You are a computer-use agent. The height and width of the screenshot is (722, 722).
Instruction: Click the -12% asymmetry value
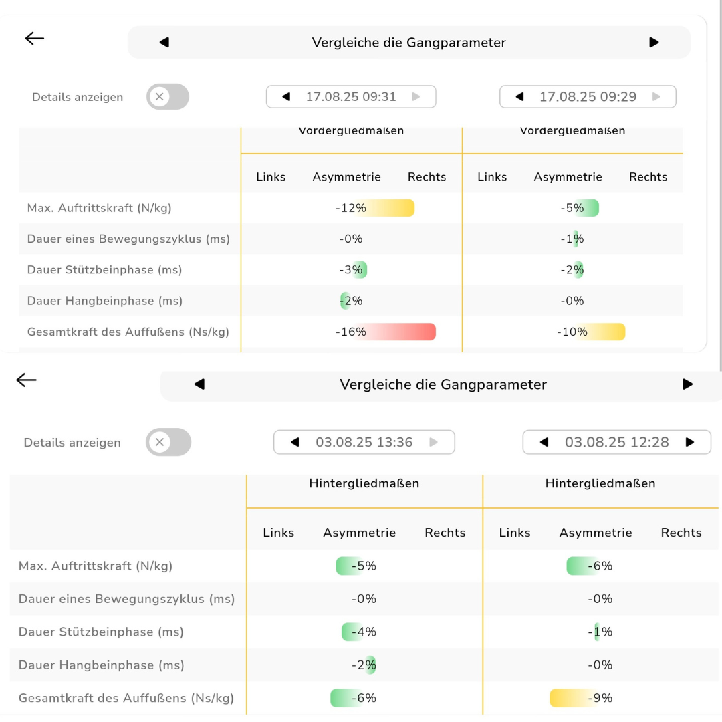351,208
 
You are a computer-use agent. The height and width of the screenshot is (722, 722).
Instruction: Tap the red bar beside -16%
401,332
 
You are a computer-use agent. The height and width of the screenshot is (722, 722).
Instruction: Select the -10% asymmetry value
572,332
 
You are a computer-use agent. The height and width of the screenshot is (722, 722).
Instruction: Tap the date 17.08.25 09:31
351,96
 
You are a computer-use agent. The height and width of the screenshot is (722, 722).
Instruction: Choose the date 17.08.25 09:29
588,96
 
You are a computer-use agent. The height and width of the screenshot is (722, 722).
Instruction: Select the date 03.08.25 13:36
364,442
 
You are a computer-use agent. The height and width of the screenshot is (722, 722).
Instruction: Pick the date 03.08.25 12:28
616,442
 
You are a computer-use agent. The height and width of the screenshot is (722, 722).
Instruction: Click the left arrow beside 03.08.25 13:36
295,442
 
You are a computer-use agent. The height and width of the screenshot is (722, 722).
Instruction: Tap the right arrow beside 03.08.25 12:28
690,442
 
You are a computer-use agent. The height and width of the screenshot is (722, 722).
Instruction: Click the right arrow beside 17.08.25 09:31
416,96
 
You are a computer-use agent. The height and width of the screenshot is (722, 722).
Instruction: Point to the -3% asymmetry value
350,270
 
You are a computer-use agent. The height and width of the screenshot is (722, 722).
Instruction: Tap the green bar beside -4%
351,632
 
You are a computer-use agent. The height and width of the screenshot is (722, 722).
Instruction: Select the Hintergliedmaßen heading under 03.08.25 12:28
600,483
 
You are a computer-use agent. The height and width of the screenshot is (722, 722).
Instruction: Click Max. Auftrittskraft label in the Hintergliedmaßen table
96,566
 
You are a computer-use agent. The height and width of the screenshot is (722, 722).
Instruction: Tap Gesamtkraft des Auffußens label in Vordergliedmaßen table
128,332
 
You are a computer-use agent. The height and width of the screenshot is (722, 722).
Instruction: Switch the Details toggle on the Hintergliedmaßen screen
168,442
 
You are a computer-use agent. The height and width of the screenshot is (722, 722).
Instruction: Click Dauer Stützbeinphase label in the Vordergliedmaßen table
105,270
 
